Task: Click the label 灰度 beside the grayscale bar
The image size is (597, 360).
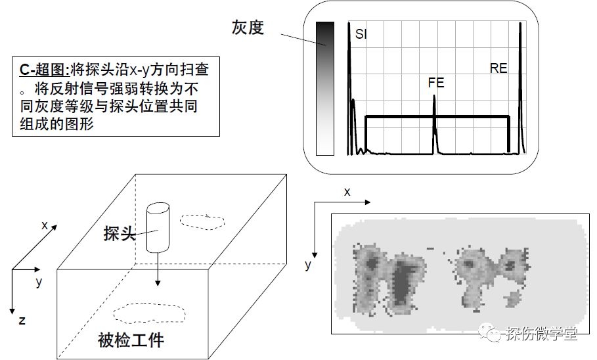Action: pyautogui.click(x=248, y=27)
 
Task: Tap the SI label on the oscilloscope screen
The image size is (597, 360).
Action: pyautogui.click(x=361, y=34)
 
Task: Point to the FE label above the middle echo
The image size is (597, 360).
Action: pyautogui.click(x=435, y=83)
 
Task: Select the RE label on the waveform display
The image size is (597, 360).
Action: pyautogui.click(x=498, y=68)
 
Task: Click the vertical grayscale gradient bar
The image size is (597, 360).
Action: pyautogui.click(x=325, y=89)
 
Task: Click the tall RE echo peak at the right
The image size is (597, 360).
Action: pyautogui.click(x=520, y=26)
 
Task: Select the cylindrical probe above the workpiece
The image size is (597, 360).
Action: pyautogui.click(x=157, y=227)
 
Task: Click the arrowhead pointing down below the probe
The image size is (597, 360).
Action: pyautogui.click(x=158, y=282)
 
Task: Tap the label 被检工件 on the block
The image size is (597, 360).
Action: pyautogui.click(x=131, y=340)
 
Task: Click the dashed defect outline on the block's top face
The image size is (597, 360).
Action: pyautogui.click(x=204, y=220)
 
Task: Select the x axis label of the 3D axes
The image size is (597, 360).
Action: pyautogui.click(x=45, y=225)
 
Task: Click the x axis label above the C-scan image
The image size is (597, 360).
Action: pyautogui.click(x=347, y=192)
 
